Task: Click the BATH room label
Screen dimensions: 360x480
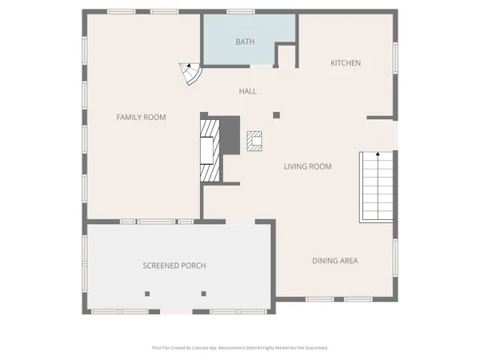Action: pos(245,41)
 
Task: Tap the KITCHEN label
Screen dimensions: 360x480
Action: pos(346,62)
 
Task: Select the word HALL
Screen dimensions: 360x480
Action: pos(247,91)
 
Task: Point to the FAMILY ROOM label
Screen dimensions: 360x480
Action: pos(141,118)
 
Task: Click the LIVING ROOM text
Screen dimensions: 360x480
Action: pos(307,166)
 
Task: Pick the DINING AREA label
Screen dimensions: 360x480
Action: pos(334,261)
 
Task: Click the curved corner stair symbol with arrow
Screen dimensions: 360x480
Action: pos(190,74)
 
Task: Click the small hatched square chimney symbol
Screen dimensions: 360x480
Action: pos(255,142)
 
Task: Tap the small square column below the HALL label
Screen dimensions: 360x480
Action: pos(277,114)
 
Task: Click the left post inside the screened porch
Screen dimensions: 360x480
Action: pos(147,293)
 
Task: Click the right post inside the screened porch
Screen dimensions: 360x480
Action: pos(204,293)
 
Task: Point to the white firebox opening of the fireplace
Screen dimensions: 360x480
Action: pos(206,150)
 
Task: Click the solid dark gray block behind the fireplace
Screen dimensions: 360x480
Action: pos(230,136)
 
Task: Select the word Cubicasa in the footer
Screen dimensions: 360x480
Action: pos(202,348)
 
